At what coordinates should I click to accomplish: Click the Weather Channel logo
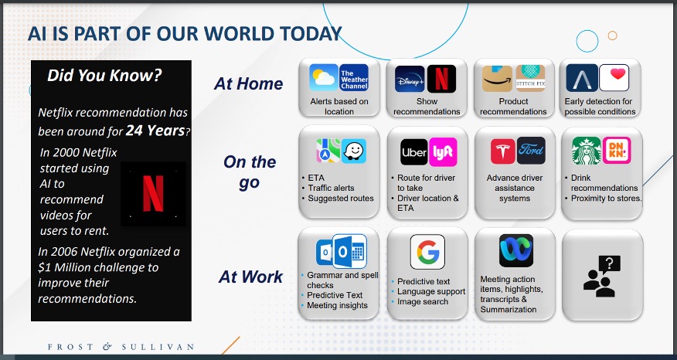(x=354, y=78)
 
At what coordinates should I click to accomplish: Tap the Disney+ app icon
(x=410, y=79)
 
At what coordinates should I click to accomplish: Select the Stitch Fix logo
(x=531, y=78)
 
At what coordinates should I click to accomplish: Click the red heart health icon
(x=614, y=78)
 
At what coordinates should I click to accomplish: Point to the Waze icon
(x=354, y=151)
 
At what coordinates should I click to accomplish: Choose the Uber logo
(x=414, y=152)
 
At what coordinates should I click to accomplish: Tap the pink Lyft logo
(x=443, y=152)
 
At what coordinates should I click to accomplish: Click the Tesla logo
(x=502, y=151)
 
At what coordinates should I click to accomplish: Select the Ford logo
(x=531, y=151)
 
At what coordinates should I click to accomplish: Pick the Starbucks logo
(x=587, y=151)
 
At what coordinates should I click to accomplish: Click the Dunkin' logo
(x=617, y=150)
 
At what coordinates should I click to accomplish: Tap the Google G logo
(x=427, y=252)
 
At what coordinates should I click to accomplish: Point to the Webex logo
(x=516, y=251)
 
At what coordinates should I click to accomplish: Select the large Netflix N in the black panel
(x=153, y=194)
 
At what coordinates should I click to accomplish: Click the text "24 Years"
(x=155, y=131)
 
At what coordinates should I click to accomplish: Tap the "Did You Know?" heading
(x=104, y=76)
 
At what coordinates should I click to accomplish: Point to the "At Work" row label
(x=250, y=277)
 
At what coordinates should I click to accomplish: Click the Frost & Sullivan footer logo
(x=121, y=347)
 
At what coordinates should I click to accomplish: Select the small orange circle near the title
(x=612, y=36)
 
